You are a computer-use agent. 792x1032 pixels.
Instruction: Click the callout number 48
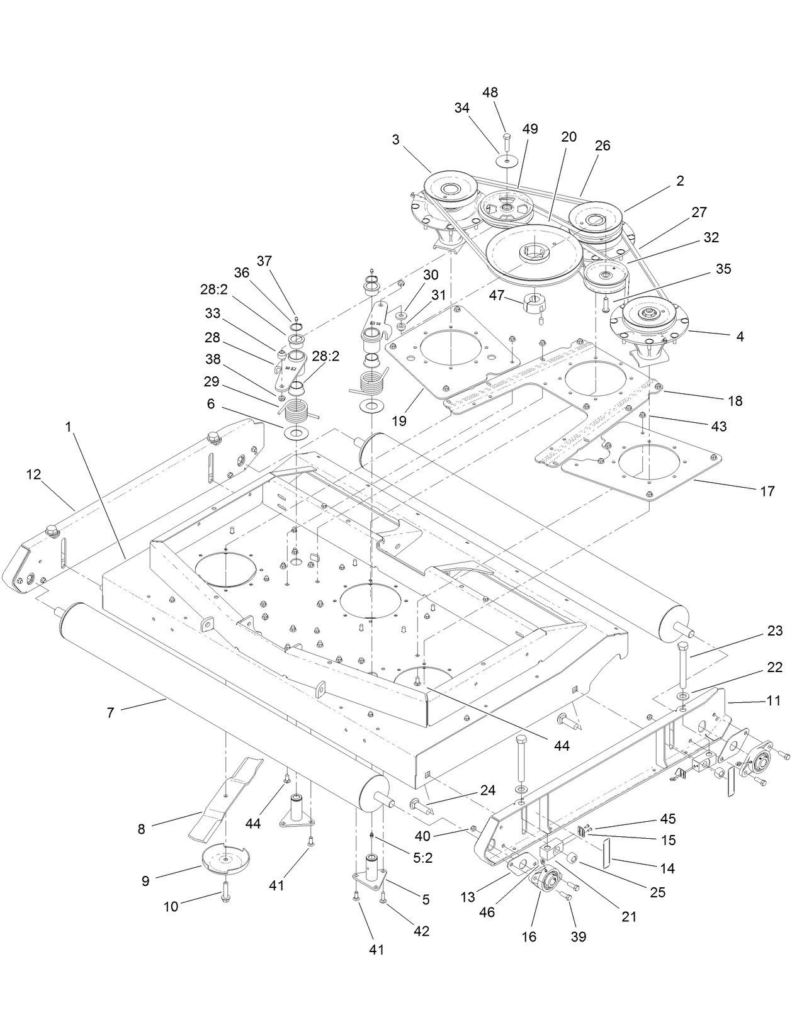(x=490, y=92)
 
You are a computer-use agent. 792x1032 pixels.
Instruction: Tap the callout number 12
(x=33, y=474)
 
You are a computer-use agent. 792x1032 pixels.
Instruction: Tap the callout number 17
(x=767, y=491)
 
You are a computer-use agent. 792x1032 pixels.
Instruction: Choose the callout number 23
(x=775, y=631)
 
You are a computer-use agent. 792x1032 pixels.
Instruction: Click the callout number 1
(x=68, y=427)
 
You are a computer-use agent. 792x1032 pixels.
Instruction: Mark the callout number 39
(x=578, y=936)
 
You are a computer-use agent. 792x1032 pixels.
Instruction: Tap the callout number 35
(x=723, y=269)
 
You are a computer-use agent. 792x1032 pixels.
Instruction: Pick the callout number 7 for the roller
(x=111, y=713)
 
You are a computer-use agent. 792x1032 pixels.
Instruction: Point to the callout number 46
(x=487, y=912)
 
